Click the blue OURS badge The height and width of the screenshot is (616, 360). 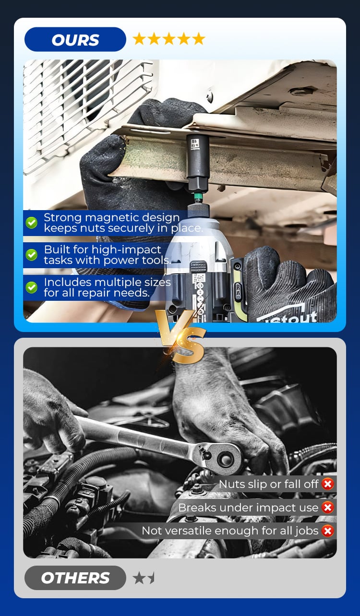75,39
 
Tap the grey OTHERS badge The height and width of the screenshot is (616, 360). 75,578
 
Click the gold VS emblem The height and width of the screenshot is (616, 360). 180,336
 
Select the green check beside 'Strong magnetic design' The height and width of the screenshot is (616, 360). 32,223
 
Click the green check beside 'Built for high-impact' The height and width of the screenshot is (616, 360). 32,255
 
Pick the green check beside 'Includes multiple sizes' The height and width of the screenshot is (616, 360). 32,287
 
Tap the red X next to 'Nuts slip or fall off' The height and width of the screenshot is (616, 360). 327,484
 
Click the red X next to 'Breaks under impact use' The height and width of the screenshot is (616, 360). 327,508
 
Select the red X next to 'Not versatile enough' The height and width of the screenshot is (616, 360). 327,531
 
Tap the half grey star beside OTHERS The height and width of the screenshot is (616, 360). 151,578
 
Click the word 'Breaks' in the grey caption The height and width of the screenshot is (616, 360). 197,508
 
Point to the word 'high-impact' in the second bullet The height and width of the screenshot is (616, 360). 126,250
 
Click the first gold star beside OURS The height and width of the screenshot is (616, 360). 139,39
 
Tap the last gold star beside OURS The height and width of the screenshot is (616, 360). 199,39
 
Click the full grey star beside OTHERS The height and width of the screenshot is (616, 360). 139,578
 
